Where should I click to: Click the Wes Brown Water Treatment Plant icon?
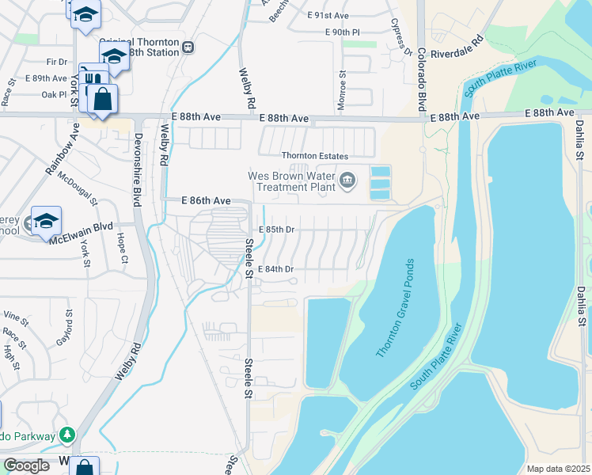pos(347,183)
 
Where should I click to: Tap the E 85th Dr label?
pos(277,230)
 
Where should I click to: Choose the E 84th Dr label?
pos(277,269)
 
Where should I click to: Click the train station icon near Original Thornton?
pos(188,46)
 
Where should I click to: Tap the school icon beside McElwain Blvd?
pos(46,221)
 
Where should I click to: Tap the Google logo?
pos(26,465)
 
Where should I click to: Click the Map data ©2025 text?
pos(557,469)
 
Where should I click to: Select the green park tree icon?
pos(68,435)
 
